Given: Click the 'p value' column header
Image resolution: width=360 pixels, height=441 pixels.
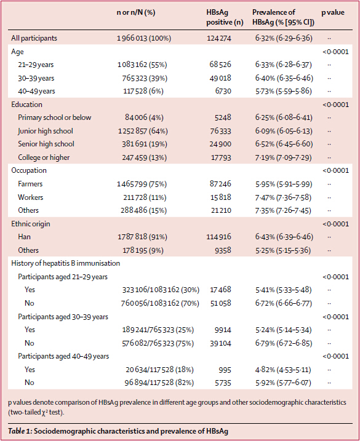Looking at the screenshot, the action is (333, 13).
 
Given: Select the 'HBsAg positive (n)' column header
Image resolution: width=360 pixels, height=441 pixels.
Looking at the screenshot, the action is (225, 17).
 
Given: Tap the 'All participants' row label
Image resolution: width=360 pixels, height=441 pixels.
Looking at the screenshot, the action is (34, 38).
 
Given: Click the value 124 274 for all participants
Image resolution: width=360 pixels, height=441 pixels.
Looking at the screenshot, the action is (219, 38).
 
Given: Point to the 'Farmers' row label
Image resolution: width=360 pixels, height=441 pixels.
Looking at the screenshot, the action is (30, 184).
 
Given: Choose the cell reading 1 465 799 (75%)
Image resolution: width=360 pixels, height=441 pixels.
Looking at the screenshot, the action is (142, 185).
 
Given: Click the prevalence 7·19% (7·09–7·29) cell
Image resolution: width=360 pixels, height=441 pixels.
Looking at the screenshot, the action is (284, 157).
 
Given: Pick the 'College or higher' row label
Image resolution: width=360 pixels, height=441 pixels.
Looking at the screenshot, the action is (44, 157).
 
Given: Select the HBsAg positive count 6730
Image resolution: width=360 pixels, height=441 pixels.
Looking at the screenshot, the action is (223, 91).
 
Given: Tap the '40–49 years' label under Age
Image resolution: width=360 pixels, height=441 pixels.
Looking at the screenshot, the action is (36, 91).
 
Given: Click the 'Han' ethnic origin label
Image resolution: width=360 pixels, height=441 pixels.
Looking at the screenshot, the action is (24, 237).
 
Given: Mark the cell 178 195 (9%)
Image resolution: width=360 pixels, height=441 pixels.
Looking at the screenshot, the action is (143, 250).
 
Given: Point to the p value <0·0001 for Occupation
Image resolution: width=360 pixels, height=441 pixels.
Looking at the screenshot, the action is (335, 170).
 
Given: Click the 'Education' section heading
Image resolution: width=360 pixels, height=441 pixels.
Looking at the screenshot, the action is (26, 105).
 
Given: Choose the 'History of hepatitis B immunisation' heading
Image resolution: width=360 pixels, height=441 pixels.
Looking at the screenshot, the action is (66, 263).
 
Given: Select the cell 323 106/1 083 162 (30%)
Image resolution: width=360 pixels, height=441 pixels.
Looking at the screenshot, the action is (161, 290).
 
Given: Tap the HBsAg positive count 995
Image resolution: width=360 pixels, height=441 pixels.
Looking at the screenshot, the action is (225, 370).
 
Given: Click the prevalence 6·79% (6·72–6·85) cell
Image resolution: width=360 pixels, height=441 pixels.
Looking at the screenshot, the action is (284, 343).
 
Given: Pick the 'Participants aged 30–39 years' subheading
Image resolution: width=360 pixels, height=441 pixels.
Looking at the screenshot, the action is (63, 317).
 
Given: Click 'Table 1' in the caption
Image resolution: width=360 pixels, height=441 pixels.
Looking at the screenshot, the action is (20, 431).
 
